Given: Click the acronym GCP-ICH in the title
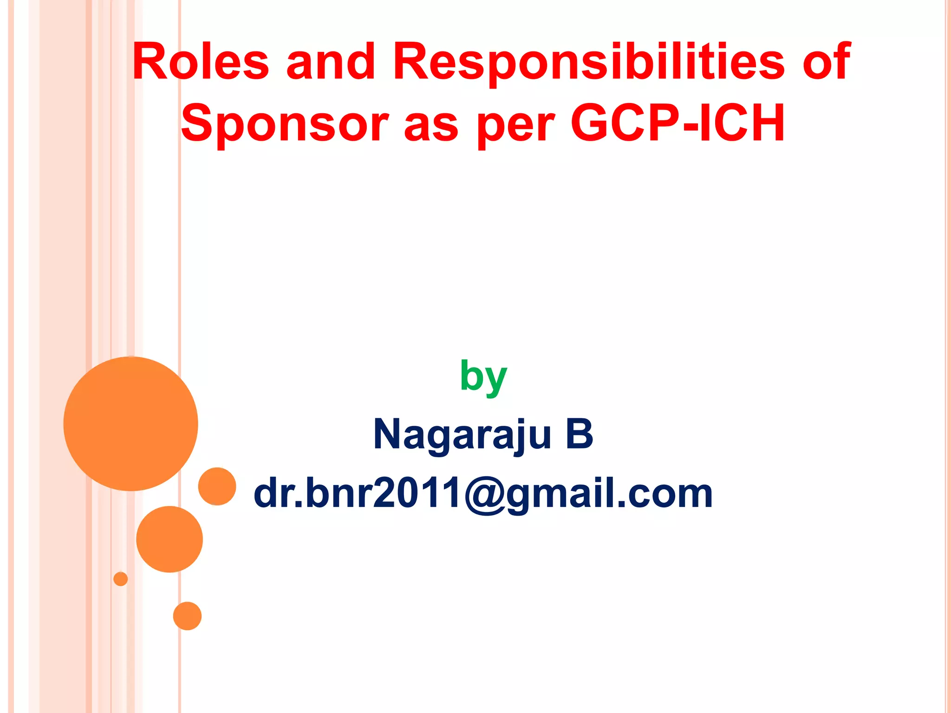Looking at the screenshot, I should pos(677,123).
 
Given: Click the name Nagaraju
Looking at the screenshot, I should pos(462,434).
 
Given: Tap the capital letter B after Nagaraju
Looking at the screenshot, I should pos(579,434).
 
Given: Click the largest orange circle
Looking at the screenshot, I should pos(130,424).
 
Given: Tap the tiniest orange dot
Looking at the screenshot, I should pos(121,579).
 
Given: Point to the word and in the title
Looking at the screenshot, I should pos(331,62).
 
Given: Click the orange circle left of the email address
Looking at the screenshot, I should pos(217,486).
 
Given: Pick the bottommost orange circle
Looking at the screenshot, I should pos(187,616).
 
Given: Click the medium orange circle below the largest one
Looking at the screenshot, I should pos(169,539).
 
